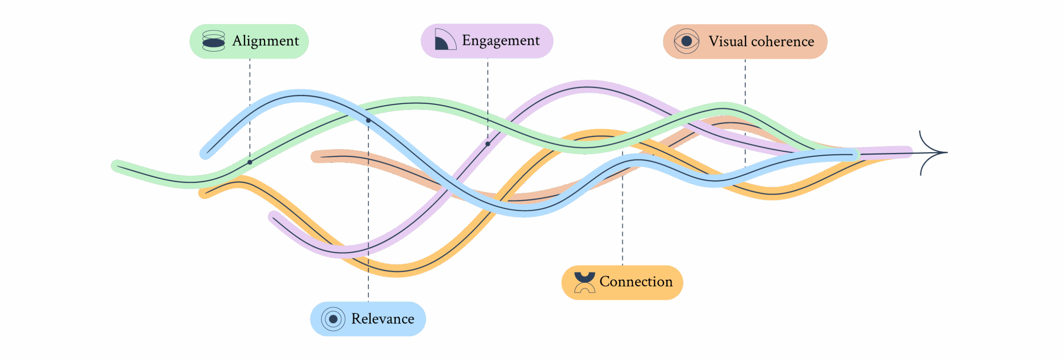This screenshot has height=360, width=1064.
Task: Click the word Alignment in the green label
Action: (x=265, y=41)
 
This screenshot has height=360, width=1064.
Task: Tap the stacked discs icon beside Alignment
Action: (x=214, y=41)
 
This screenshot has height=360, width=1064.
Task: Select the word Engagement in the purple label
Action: (x=500, y=41)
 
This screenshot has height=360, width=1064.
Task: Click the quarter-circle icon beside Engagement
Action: (x=444, y=40)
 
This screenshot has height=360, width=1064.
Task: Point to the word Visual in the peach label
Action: (x=727, y=42)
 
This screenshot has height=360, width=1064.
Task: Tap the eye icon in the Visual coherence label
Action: (x=687, y=41)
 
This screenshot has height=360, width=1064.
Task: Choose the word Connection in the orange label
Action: (x=635, y=282)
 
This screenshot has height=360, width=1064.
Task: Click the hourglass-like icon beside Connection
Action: (x=584, y=282)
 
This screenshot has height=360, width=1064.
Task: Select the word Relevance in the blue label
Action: (x=382, y=319)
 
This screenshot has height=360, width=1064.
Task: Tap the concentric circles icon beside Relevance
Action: (x=333, y=319)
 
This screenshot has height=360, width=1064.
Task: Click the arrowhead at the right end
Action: (x=935, y=153)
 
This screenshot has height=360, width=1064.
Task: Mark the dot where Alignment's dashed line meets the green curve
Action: (x=250, y=162)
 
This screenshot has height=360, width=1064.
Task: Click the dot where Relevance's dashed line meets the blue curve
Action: (x=368, y=121)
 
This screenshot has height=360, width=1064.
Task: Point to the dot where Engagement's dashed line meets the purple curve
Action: (x=488, y=144)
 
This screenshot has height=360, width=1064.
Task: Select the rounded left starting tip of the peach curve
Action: (x=317, y=157)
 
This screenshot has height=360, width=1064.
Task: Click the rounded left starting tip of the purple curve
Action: (x=274, y=217)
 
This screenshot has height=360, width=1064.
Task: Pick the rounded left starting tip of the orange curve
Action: (x=204, y=193)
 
